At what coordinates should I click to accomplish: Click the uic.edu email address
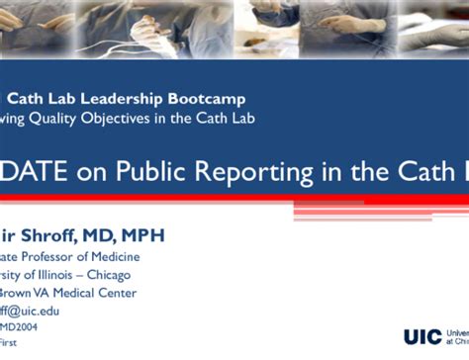click(x=29, y=311)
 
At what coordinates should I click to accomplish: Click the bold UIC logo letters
click(x=423, y=336)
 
